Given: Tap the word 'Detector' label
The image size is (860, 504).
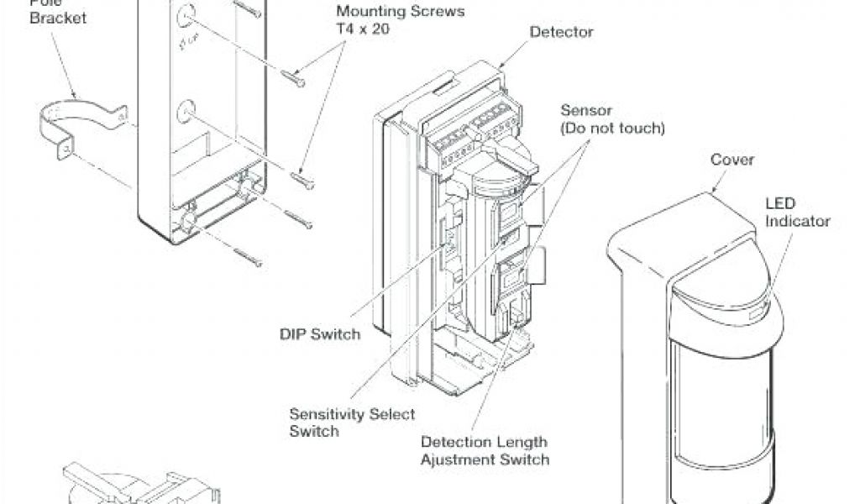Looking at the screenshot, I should (x=561, y=33).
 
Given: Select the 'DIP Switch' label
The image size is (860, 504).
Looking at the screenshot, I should (x=319, y=333).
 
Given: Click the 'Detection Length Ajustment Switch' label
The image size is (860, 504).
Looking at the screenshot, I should (x=485, y=450).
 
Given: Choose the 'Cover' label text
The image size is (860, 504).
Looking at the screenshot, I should (x=732, y=160).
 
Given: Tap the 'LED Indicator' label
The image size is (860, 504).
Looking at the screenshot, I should (x=797, y=213).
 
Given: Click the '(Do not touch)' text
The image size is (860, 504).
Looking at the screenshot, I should (x=612, y=129).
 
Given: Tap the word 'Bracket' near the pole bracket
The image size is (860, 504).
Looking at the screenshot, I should (x=58, y=17).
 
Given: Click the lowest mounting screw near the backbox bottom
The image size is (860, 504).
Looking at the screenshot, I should (x=248, y=256).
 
